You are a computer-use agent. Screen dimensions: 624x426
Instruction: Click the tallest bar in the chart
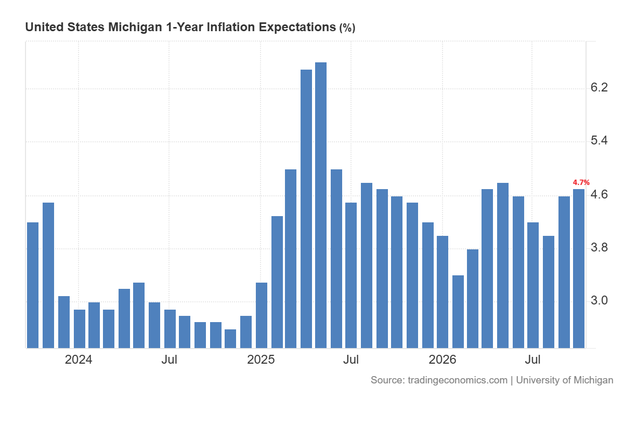pyautogui.click(x=321, y=205)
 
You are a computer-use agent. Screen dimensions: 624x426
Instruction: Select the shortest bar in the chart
pyautogui.click(x=230, y=339)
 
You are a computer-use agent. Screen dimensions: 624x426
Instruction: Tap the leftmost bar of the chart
pyautogui.click(x=33, y=285)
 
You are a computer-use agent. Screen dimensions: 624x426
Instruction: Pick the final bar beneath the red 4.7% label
pyautogui.click(x=579, y=269)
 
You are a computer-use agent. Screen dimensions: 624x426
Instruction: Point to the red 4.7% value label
pyautogui.click(x=581, y=182)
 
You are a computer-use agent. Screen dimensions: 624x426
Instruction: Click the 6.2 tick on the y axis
pyautogui.click(x=599, y=88)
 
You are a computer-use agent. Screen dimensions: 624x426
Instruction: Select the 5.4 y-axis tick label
pyautogui.click(x=599, y=140)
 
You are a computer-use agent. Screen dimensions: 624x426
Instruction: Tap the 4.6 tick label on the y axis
pyautogui.click(x=599, y=194)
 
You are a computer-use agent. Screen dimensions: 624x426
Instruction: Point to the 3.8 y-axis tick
pyautogui.click(x=599, y=247)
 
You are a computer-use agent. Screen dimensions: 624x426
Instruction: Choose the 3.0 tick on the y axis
pyautogui.click(x=599, y=300)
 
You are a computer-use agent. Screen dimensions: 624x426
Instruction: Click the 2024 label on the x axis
pyautogui.click(x=79, y=360)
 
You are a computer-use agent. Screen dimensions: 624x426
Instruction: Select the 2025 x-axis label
pyautogui.click(x=261, y=360)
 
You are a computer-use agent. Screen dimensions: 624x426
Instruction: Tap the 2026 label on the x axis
pyautogui.click(x=443, y=360)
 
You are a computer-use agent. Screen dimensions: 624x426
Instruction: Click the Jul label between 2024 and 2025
pyautogui.click(x=169, y=360)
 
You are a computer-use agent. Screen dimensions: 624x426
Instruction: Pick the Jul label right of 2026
pyautogui.click(x=532, y=360)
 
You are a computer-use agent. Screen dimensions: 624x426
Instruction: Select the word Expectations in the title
pyautogui.click(x=297, y=28)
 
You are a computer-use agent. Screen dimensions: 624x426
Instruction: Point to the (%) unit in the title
pyautogui.click(x=347, y=28)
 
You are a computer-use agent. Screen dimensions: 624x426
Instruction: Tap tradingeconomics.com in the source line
pyautogui.click(x=458, y=380)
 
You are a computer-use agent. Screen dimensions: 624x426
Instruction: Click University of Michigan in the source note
pyautogui.click(x=565, y=380)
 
